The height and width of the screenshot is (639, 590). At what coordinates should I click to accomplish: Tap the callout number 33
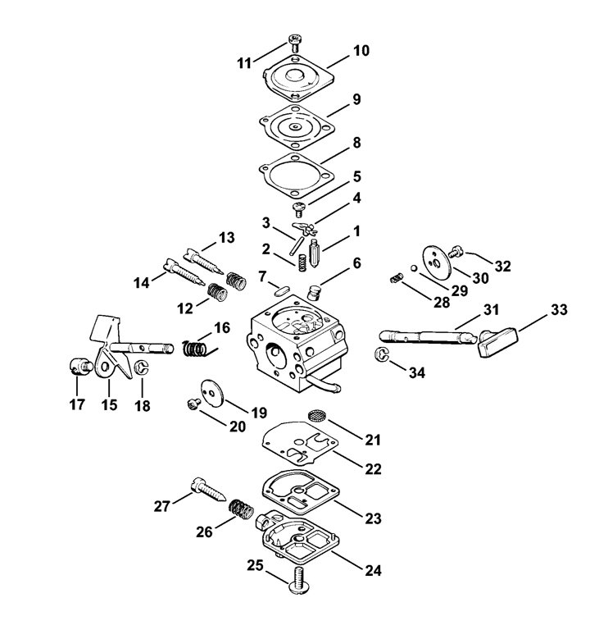[558, 310]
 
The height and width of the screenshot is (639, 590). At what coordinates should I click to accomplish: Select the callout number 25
[255, 565]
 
